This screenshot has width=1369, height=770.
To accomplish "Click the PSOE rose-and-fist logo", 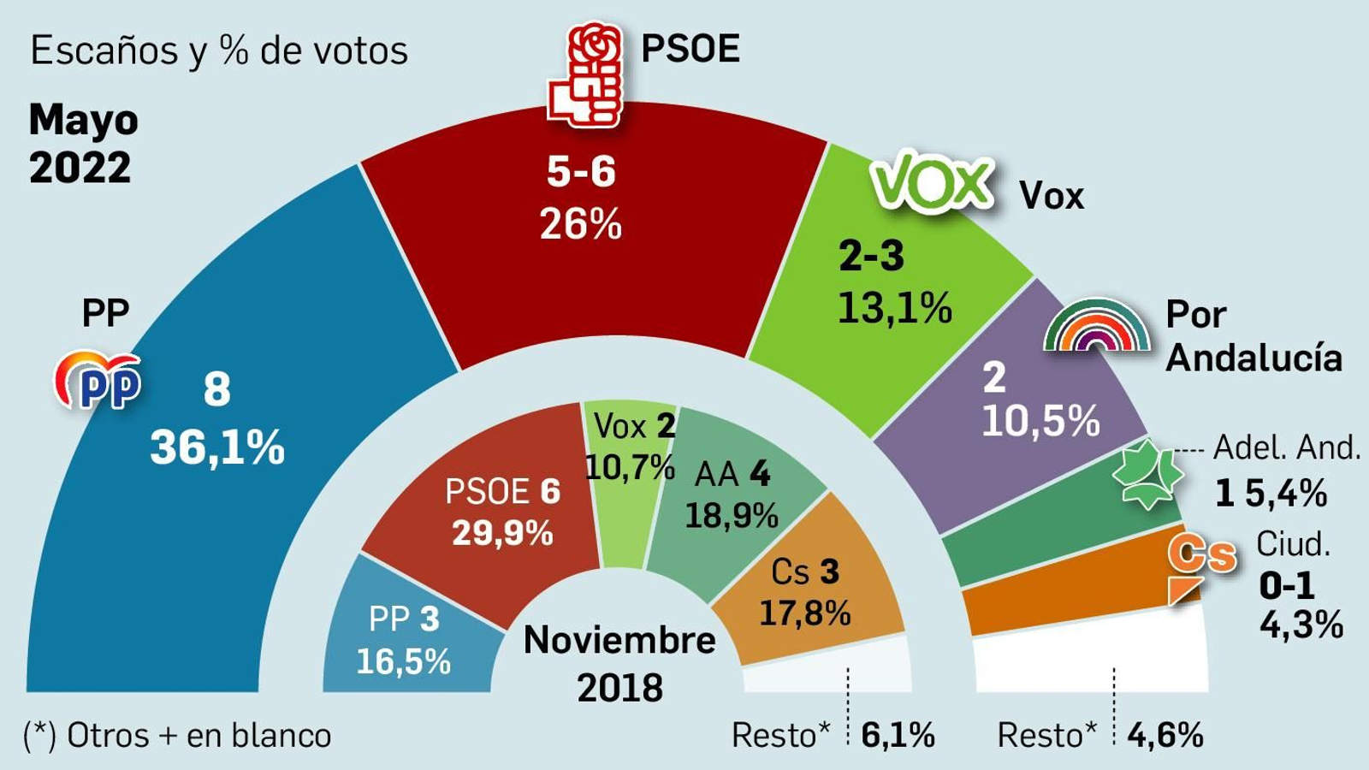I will [x=585, y=75].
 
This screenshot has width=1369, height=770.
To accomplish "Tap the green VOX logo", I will [x=932, y=182].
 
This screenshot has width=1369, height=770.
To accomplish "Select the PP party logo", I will [x=98, y=380].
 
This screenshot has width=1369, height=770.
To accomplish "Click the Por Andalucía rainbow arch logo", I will [x=1097, y=326].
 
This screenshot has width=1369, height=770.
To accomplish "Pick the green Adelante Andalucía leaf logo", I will [x=1147, y=474].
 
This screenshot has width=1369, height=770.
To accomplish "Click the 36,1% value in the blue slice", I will [x=217, y=447].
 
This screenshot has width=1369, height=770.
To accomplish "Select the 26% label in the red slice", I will [x=580, y=225].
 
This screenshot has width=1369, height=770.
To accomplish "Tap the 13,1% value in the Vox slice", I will [x=894, y=308].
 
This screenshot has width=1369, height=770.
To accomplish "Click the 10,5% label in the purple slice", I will [x=1040, y=421].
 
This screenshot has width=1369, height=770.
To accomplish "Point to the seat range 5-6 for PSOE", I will [x=581, y=172].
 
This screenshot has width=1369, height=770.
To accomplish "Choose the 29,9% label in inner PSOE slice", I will [x=502, y=534].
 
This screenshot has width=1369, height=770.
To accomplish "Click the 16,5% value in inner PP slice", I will [x=403, y=661].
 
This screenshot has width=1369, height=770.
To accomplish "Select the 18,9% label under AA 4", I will [x=732, y=516].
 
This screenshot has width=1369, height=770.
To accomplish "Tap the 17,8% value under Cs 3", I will [x=804, y=613].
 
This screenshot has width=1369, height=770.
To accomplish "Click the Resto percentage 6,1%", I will [x=898, y=735].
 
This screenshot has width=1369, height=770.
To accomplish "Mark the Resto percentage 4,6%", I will [x=1165, y=735].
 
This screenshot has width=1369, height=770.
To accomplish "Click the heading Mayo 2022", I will [x=82, y=144].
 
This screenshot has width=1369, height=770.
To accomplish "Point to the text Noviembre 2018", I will [x=619, y=663].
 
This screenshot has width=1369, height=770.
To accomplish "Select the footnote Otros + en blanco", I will [x=177, y=735].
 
